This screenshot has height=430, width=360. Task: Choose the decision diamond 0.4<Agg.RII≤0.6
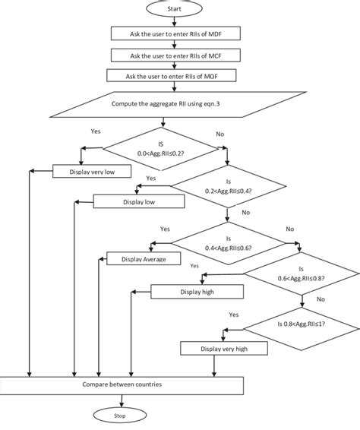point(229,242)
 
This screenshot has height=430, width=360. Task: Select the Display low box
point(139,202)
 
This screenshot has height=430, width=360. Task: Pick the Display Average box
point(144,259)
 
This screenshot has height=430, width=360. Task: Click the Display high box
point(197,291)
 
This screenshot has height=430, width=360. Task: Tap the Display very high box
point(223,348)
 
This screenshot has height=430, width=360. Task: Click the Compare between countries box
point(122,385)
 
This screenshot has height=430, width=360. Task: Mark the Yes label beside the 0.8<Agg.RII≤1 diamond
point(234,313)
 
